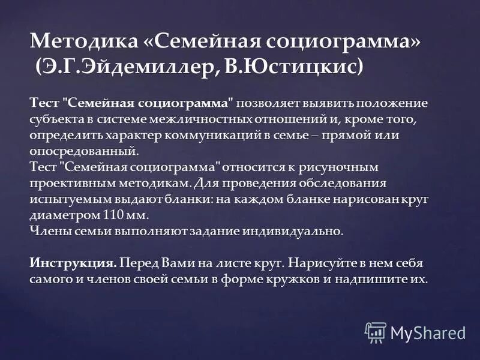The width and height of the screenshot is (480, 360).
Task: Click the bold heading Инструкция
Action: (x=73, y=263)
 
